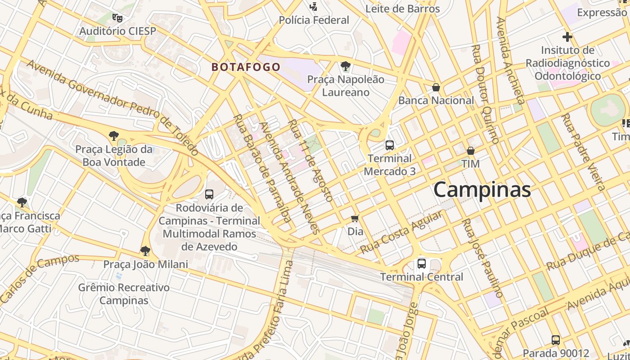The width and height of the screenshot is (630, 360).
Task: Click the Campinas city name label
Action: pos(482,190)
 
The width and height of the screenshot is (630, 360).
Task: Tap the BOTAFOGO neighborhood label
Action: pos(246,67)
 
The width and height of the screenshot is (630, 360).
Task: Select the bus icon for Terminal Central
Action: pos(422,264)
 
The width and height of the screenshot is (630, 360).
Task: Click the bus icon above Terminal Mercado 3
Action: pos(390,145)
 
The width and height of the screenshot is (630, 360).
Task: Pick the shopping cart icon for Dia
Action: pos(355,219)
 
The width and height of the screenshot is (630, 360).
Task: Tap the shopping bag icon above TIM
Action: pos(471,151)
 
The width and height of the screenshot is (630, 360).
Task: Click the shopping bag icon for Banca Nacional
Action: pos(436,87)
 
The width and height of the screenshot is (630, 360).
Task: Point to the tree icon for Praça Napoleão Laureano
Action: pos(346,67)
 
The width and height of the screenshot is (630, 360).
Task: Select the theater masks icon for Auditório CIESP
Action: pos(117,18)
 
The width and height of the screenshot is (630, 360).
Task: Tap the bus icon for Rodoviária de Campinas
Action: pos(209,194)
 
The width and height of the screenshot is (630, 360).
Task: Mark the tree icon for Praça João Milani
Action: pos(145,251)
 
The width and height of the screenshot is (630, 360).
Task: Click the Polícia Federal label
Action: pos(314,20)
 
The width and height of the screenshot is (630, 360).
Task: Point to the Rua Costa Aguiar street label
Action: pos(401,232)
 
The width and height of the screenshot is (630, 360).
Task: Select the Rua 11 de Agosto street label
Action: pos(310,160)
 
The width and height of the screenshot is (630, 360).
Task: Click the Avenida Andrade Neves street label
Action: pos(290,177)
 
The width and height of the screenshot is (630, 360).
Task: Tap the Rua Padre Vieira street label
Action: pos(583,152)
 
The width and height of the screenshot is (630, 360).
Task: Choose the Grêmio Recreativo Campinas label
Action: pos(124,294)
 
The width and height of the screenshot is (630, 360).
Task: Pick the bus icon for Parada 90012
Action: pos(556,340)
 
